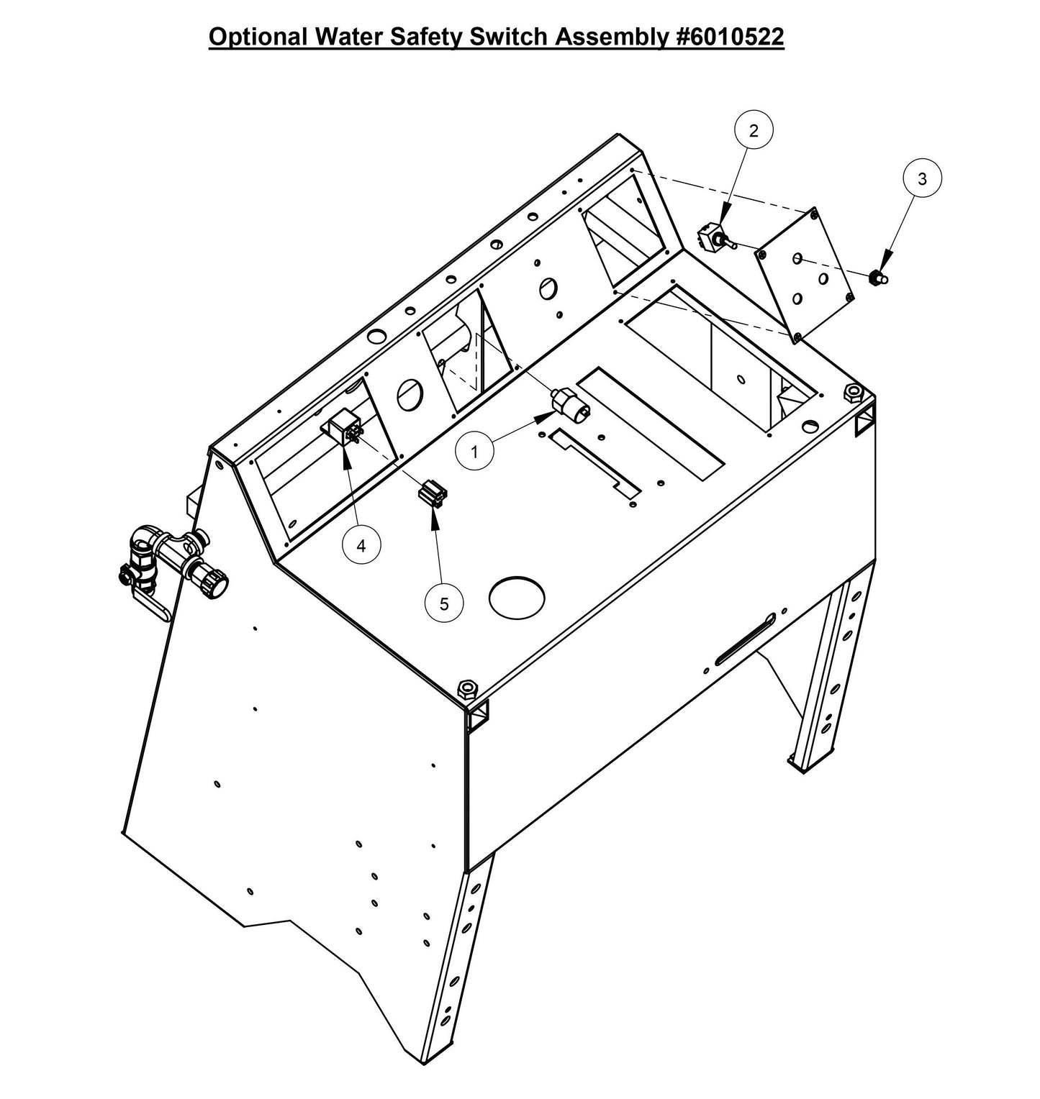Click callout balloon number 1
click(x=474, y=452)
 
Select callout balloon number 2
click(x=753, y=131)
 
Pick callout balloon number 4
click(x=361, y=546)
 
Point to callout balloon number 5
click(x=444, y=604)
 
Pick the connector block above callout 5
click(x=432, y=495)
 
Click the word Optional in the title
click(x=253, y=37)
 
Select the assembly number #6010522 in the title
click(x=728, y=37)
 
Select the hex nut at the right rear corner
click(x=851, y=393)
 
